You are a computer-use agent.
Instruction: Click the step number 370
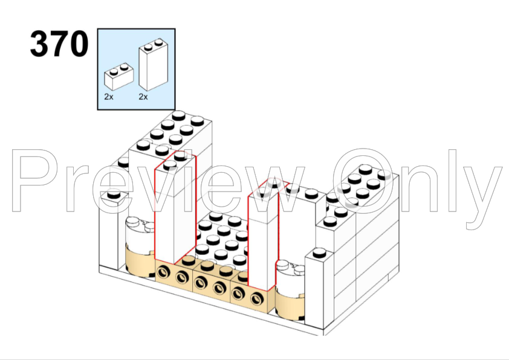[x=59, y=43]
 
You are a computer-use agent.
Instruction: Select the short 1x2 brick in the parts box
[x=118, y=77]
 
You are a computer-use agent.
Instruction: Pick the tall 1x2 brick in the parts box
[x=153, y=65]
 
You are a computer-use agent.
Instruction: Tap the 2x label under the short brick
[x=109, y=97]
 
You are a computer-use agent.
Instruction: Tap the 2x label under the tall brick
[x=143, y=97]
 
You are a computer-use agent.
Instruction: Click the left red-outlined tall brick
[x=175, y=208]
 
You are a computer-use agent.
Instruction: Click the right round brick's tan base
[x=290, y=304]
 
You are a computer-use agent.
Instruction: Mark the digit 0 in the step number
[x=79, y=43]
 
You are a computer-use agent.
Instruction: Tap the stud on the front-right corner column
[x=319, y=252]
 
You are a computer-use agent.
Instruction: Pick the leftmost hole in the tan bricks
[x=164, y=272]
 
